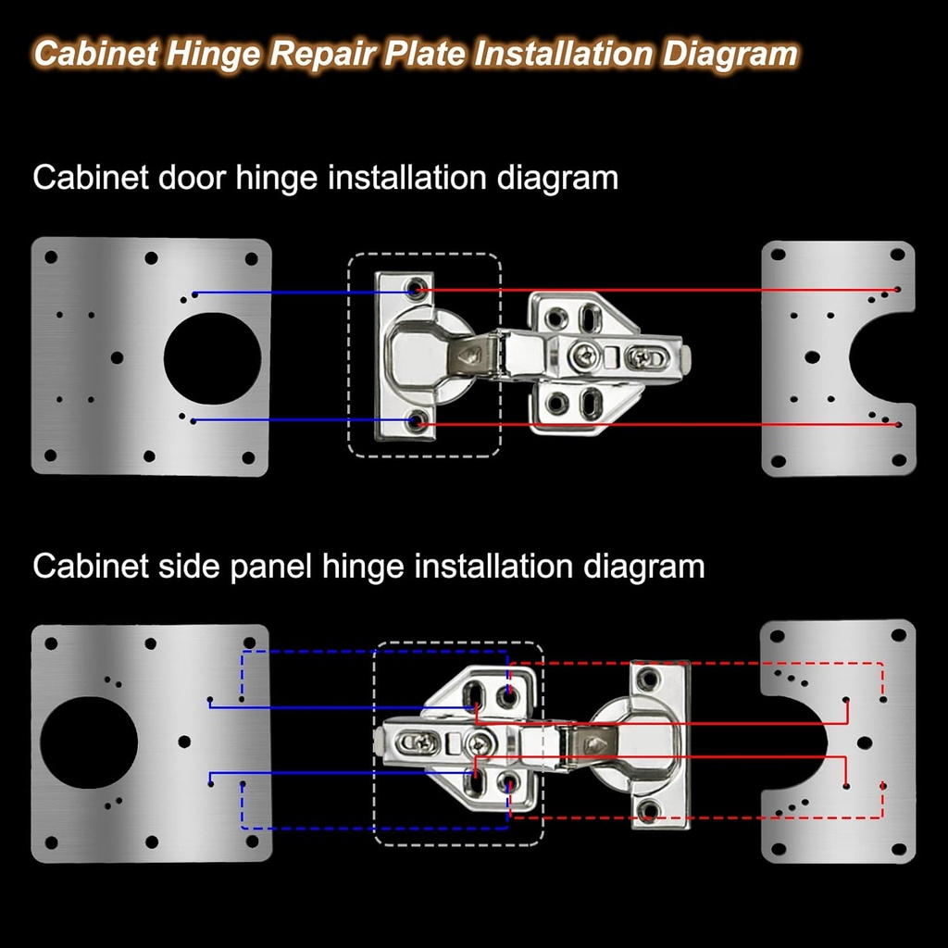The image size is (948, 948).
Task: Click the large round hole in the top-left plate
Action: [212, 358]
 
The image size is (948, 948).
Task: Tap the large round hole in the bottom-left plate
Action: [88, 743]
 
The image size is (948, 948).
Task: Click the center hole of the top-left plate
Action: [117, 357]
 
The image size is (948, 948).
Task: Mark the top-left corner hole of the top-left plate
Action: [51, 257]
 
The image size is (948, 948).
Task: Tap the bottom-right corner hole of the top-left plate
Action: [248, 457]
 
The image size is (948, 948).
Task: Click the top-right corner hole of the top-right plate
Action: [896, 254]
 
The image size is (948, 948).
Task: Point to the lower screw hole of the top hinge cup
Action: [418, 423]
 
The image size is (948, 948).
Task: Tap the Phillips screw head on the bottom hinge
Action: [480, 742]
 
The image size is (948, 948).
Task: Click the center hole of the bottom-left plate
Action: [184, 742]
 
